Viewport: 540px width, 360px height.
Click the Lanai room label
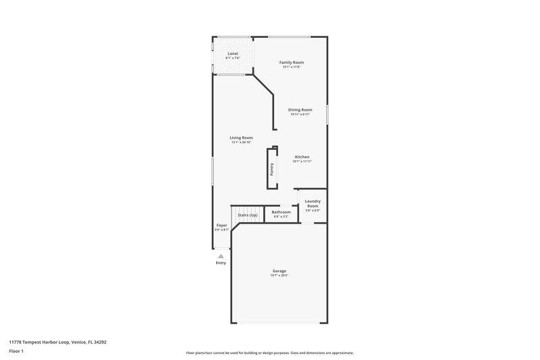[232, 53]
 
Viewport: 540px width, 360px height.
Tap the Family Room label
[292, 62]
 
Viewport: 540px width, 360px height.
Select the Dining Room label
[300, 109]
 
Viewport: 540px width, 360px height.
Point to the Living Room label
[241, 138]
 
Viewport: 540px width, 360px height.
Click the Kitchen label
[302, 157]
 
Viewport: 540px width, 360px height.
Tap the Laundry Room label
[313, 203]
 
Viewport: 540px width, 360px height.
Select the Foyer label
[221, 225]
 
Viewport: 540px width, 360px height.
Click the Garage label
[279, 271]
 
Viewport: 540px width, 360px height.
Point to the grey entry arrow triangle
[220, 256]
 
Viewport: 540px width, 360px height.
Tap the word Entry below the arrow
[221, 263]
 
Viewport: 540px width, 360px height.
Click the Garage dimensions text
[279, 276]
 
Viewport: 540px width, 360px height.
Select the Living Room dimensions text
[241, 143]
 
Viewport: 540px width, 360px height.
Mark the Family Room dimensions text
[292, 67]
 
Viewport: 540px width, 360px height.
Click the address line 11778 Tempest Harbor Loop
[57, 342]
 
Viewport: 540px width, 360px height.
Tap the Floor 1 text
[17, 351]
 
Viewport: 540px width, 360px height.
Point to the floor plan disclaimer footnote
[269, 353]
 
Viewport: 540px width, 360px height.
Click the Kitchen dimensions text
[302, 161]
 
